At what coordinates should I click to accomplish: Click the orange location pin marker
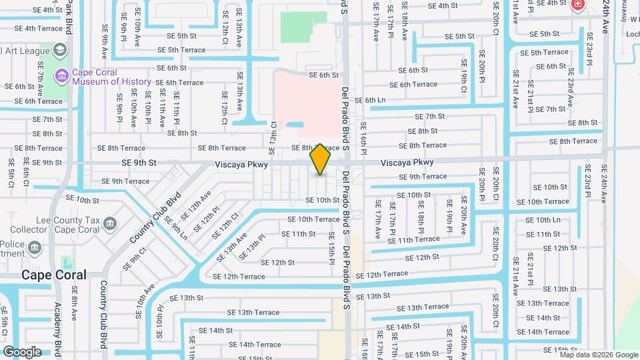tap(321, 159)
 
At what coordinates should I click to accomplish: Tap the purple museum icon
tap(62, 76)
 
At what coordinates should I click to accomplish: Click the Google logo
tap(22, 351)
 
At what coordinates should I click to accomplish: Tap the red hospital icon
tap(577, 6)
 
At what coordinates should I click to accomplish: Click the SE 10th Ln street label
tap(543, 219)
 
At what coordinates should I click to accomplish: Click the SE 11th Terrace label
tap(414, 239)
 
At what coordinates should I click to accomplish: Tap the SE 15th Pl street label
tap(331, 247)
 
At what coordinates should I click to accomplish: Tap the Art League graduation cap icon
tap(61, 50)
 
